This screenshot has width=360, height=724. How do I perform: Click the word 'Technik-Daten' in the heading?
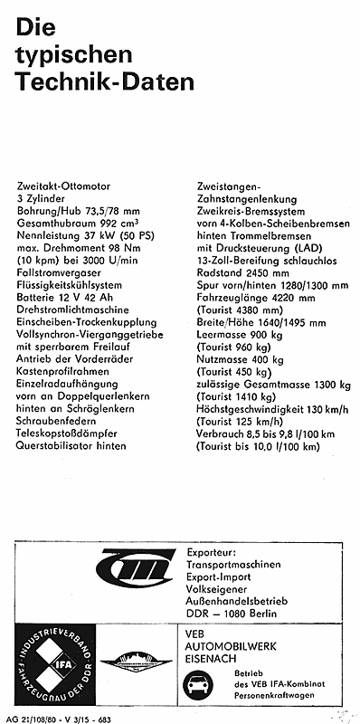(x=104, y=83)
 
